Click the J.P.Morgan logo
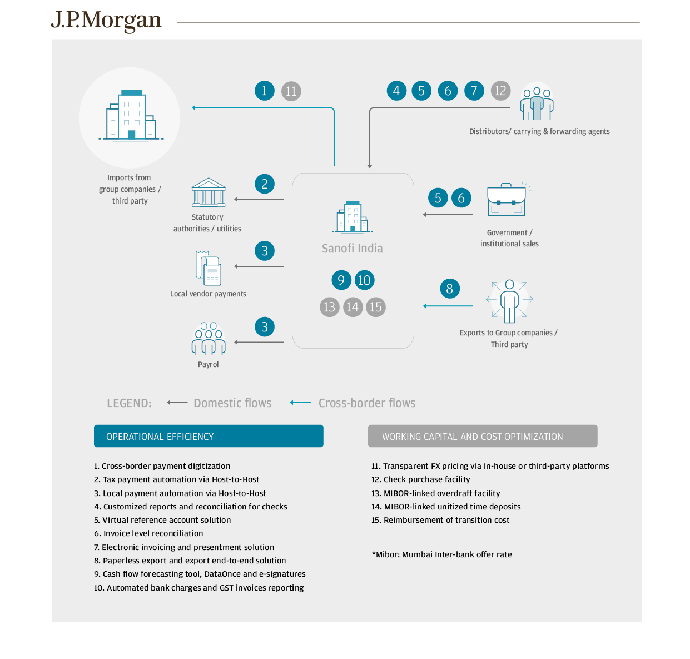tap(106, 21)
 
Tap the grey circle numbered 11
tap(291, 91)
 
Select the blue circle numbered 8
tap(449, 289)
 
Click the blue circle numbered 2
tap(265, 184)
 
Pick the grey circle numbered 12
tap(500, 91)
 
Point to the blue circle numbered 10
tap(364, 280)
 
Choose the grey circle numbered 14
tap(353, 307)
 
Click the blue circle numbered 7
tap(474, 91)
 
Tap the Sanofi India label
tap(353, 249)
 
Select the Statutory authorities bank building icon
tap(209, 192)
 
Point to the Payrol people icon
tap(209, 339)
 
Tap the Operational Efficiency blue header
tap(209, 437)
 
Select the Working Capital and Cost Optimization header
tap(483, 437)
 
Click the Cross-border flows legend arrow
tap(300, 403)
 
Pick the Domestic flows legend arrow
tap(177, 403)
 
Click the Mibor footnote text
tap(441, 554)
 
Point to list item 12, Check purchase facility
tap(421, 479)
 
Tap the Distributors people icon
tap(537, 103)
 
